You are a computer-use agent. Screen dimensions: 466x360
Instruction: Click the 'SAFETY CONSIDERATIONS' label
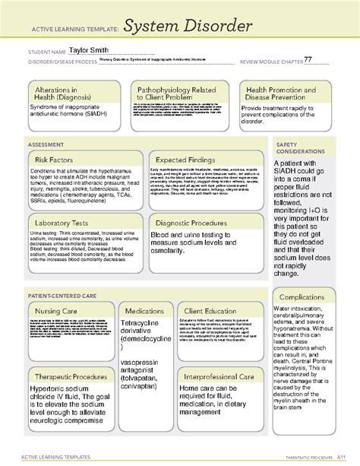[x=299, y=148]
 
